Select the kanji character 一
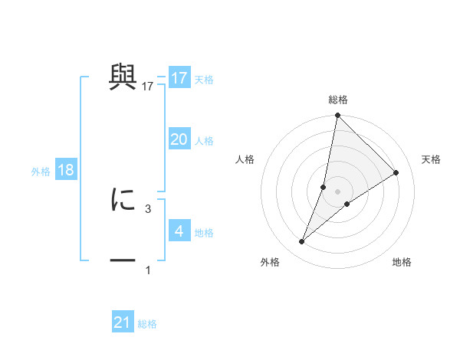(x=123, y=260)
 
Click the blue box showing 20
(x=179, y=139)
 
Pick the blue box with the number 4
(x=179, y=231)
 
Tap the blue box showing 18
(x=65, y=170)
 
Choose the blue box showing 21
(x=123, y=322)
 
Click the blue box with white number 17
(x=179, y=78)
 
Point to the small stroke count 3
(x=148, y=208)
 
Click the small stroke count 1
(x=148, y=270)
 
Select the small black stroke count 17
(x=148, y=87)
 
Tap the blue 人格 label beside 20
(x=204, y=141)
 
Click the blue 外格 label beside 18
(x=41, y=172)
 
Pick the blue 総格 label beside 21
(x=147, y=324)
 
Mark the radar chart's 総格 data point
(x=337, y=116)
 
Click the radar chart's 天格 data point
(x=396, y=172)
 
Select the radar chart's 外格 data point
(x=302, y=242)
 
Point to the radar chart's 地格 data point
(x=347, y=204)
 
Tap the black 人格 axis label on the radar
(x=245, y=159)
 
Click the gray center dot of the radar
(x=337, y=191)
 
